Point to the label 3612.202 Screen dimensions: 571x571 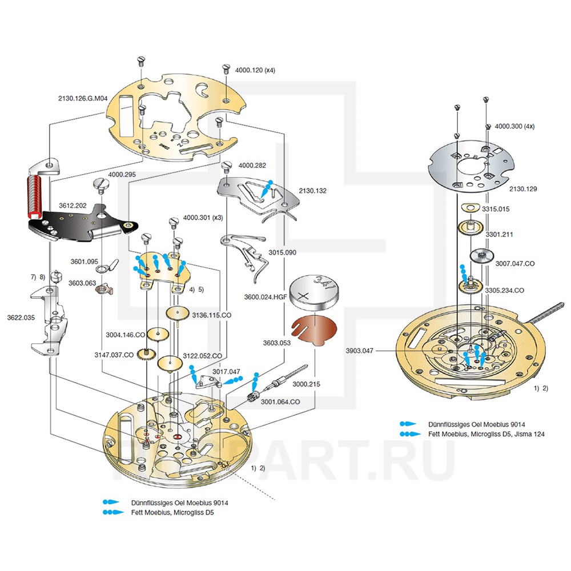click(73, 204)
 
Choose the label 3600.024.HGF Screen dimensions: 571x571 click(265, 297)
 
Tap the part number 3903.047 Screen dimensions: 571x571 click(359, 351)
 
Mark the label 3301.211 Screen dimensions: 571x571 click(500, 234)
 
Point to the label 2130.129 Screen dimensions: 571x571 click(522, 188)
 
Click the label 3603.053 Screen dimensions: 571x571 click(277, 344)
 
